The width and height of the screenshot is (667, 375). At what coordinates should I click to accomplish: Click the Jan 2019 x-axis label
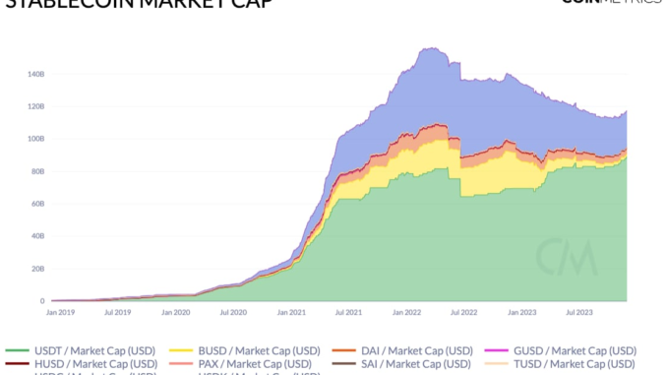[61, 311]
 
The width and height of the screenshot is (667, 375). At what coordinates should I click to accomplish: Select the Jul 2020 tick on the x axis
[233, 311]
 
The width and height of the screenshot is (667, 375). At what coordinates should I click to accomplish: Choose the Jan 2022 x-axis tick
[405, 311]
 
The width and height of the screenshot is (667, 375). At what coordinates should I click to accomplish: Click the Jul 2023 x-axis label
[577, 311]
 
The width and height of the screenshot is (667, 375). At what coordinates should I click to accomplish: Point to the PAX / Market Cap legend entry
[246, 363]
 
